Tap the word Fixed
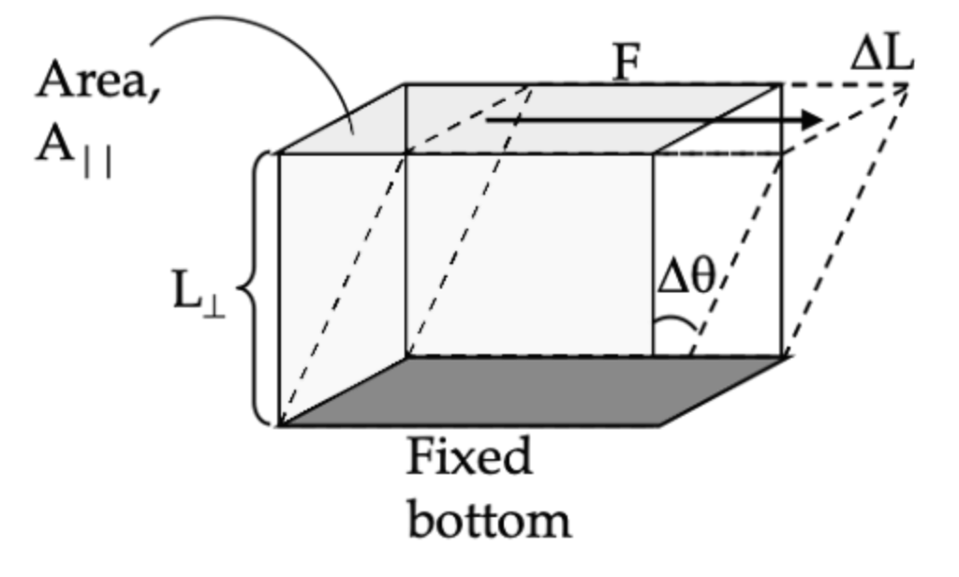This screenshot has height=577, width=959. click(469, 459)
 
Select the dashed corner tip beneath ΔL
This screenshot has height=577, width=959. click(908, 85)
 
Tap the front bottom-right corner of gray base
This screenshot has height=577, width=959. click(659, 425)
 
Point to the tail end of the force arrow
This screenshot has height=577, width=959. click(487, 120)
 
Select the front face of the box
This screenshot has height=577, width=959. click(468, 281)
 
